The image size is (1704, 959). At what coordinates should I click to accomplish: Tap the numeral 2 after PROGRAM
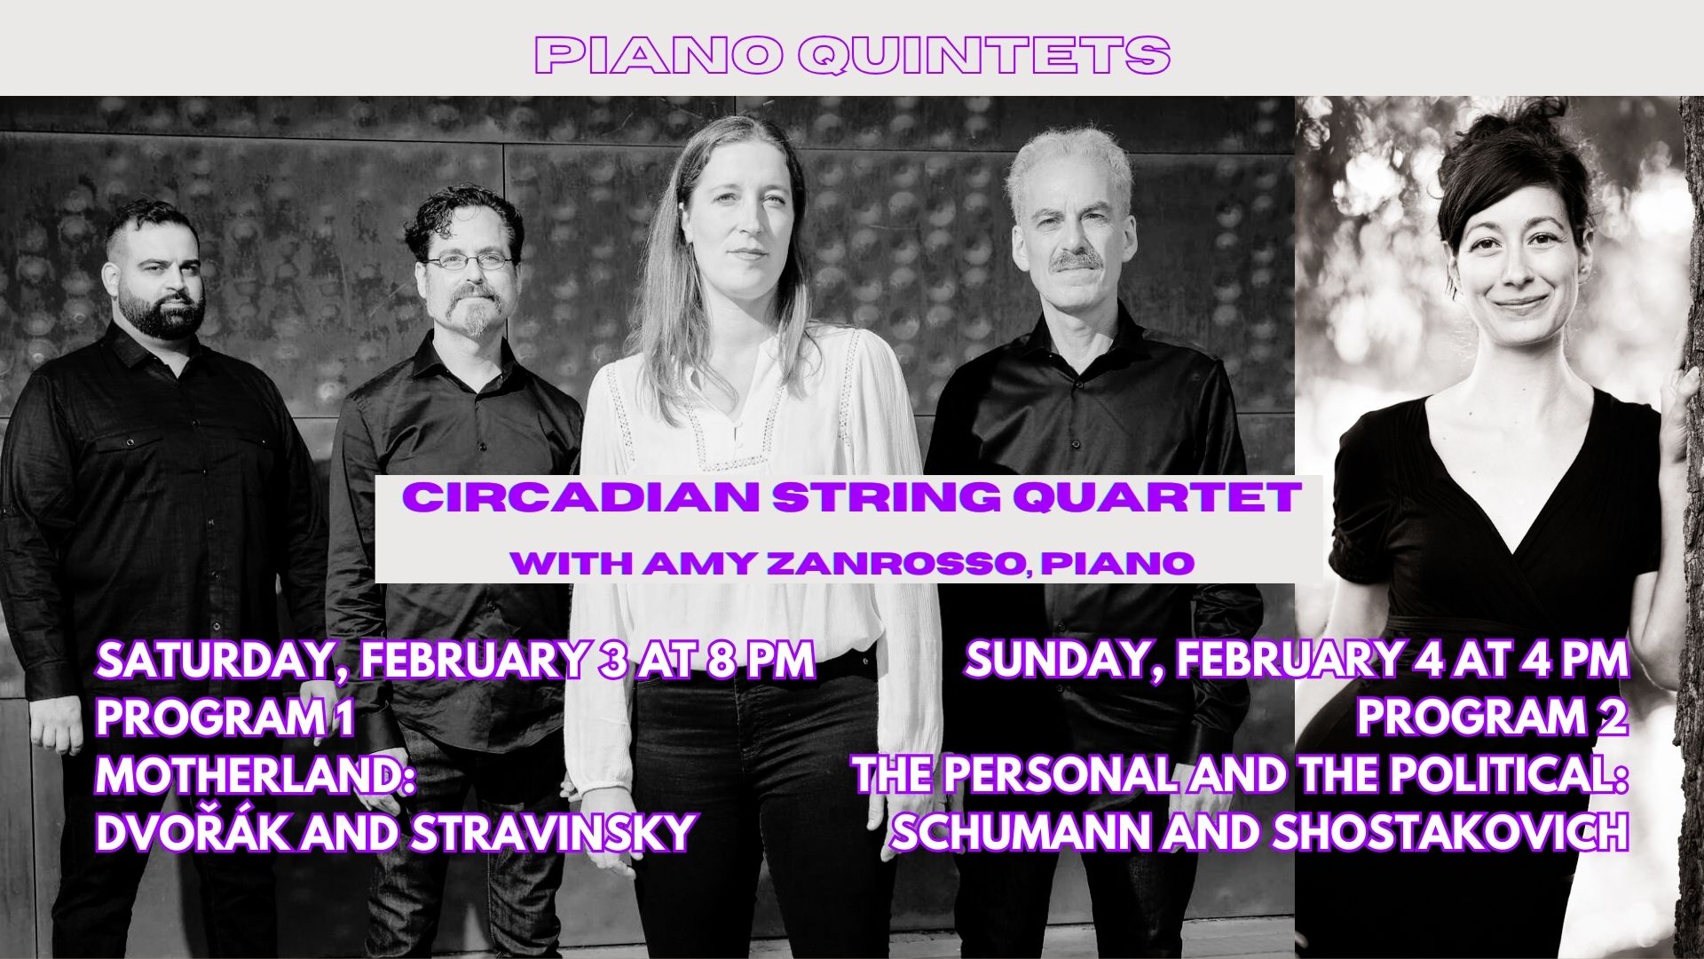1615,718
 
